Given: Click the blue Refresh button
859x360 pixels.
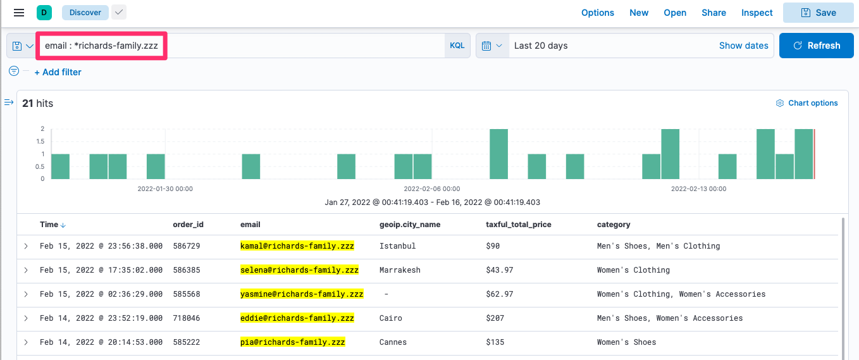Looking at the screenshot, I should [816, 46].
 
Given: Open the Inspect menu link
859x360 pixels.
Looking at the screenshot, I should [757, 13].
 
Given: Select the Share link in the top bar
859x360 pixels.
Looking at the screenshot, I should [714, 13].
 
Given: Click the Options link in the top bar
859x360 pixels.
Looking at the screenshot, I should [597, 13].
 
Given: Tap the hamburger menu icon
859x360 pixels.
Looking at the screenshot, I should [19, 13].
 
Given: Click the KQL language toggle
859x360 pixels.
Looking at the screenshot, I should [457, 46].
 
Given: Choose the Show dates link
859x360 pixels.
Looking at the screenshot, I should [743, 46].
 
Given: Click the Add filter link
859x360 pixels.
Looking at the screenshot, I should [58, 72].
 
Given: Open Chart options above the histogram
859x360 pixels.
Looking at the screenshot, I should [807, 103].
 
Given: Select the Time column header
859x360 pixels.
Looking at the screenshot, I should [49, 225].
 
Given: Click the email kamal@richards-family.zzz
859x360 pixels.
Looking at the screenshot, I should [297, 246].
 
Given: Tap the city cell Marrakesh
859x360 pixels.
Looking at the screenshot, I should [400, 270].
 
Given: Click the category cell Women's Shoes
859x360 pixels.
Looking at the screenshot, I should [626, 342].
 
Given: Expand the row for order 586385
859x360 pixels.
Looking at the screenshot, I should [26, 270].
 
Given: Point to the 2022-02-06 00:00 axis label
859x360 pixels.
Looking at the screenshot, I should [431, 189].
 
